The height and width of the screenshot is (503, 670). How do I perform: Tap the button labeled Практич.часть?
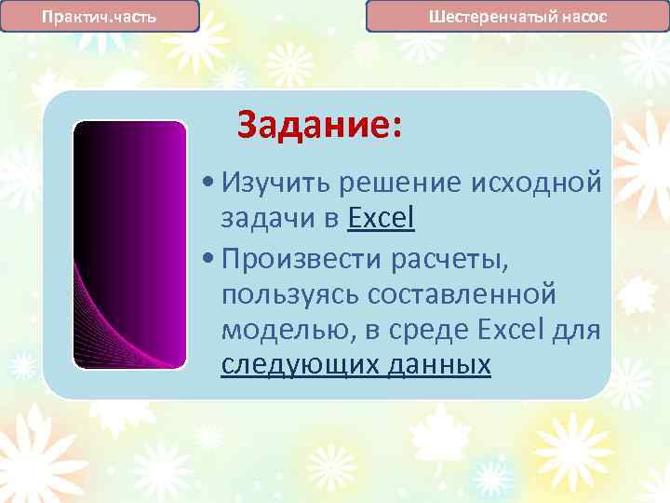pos(100,17)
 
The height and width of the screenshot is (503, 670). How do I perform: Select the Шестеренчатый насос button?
pos(516,17)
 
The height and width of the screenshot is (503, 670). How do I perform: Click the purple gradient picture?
pos(130,245)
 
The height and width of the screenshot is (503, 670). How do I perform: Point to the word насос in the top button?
pos(583,17)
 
